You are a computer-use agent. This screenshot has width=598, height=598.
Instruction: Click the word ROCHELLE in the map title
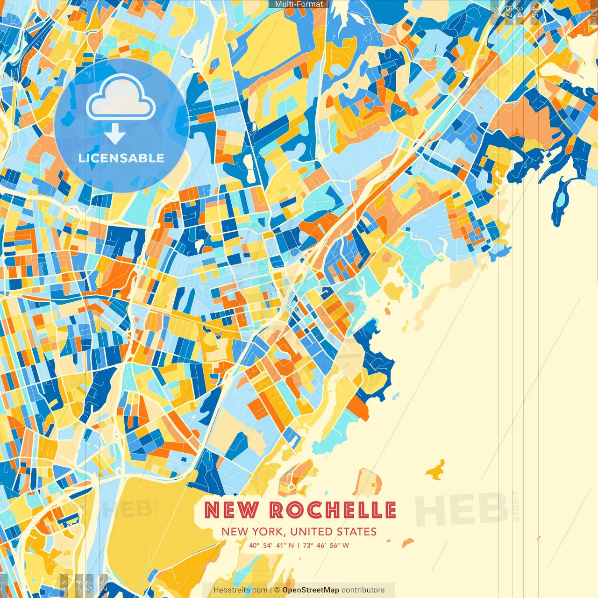[333, 510]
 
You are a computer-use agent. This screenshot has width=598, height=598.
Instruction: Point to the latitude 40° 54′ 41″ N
[271, 545]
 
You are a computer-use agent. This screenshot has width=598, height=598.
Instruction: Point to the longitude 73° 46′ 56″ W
[326, 545]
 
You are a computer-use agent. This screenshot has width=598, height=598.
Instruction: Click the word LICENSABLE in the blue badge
[121, 158]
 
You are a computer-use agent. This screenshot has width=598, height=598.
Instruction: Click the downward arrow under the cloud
[115, 135]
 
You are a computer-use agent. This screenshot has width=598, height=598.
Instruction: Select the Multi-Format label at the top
[299, 4]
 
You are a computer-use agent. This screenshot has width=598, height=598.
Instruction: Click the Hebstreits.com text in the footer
[240, 590]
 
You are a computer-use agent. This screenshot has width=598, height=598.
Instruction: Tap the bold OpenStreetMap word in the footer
[311, 590]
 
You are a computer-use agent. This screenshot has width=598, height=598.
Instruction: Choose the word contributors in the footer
[363, 590]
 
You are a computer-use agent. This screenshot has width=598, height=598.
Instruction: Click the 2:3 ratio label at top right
[494, 12]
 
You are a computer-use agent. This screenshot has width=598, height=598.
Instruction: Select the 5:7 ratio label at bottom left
[90, 585]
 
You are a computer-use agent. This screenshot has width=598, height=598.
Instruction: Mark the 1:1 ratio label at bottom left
[4, 585]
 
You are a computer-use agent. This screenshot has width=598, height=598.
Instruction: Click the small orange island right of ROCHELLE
[436, 470]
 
